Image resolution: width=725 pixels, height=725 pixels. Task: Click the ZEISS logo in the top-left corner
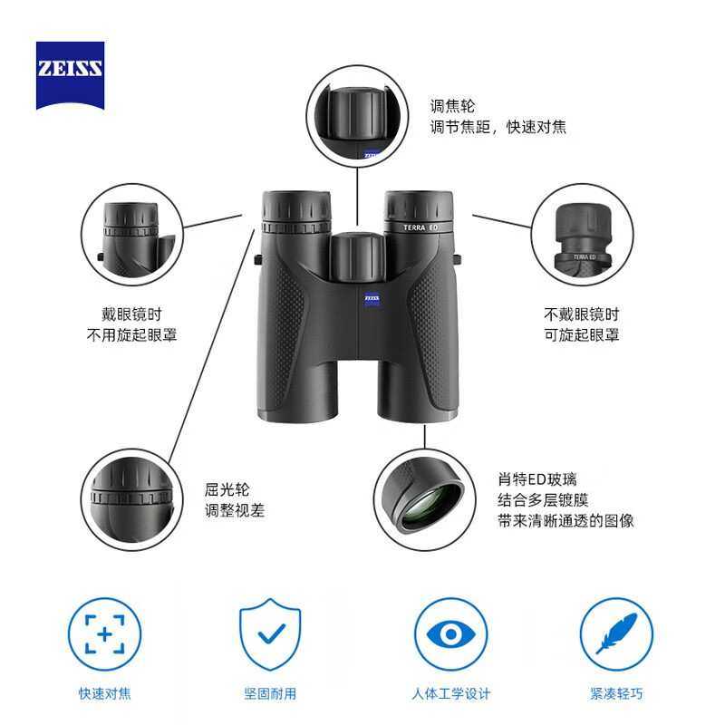coord(70,75)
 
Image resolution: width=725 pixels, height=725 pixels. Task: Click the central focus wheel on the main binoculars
coord(355,258)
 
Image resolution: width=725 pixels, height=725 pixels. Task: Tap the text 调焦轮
coord(452,106)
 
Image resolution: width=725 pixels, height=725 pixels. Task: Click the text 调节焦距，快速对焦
coord(498,128)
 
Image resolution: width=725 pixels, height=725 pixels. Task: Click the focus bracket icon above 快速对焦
coord(105,634)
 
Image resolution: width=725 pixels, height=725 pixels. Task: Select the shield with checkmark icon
coord(270,634)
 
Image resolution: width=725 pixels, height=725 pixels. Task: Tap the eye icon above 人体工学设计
coord(450,634)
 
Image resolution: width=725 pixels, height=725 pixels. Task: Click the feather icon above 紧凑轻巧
coord(616,634)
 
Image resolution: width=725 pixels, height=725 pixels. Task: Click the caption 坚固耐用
coord(270,693)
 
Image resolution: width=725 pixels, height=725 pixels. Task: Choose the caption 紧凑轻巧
coord(616,693)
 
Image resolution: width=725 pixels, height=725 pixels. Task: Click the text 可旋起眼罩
coord(581,335)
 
